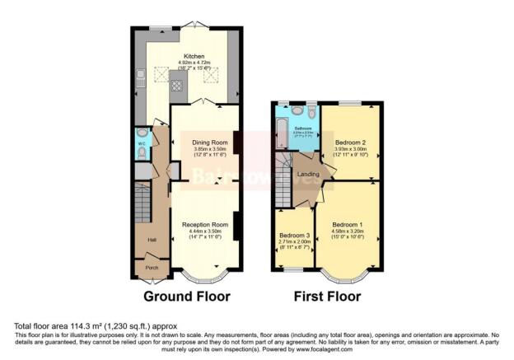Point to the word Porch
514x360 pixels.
point(152,267)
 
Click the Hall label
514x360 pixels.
point(152,240)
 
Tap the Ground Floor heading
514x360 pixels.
point(187,296)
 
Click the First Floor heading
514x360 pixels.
point(329,296)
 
